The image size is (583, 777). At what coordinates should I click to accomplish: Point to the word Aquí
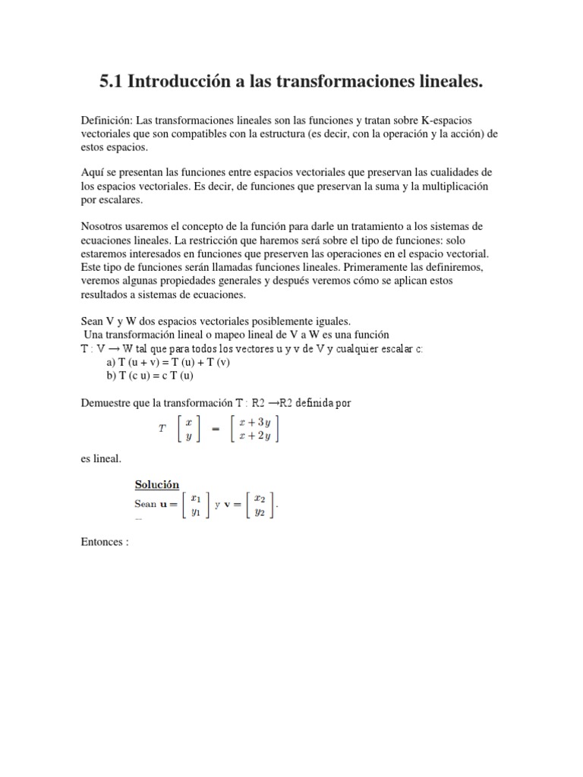[x=92, y=173]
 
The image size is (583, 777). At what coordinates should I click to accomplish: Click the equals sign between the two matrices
[x=215, y=429]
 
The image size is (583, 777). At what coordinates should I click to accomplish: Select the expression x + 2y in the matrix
[x=256, y=436]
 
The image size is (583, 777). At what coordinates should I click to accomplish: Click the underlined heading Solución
[x=156, y=485]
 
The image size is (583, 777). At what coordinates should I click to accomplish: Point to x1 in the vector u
[x=195, y=499]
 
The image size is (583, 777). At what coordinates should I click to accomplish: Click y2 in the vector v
[x=259, y=513]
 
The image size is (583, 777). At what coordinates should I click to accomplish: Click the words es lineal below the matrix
[x=100, y=458]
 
